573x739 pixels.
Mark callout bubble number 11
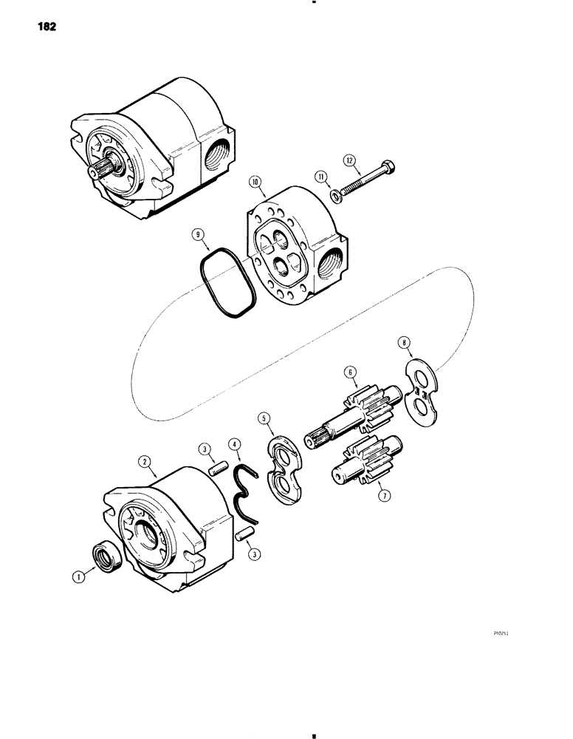320,177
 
